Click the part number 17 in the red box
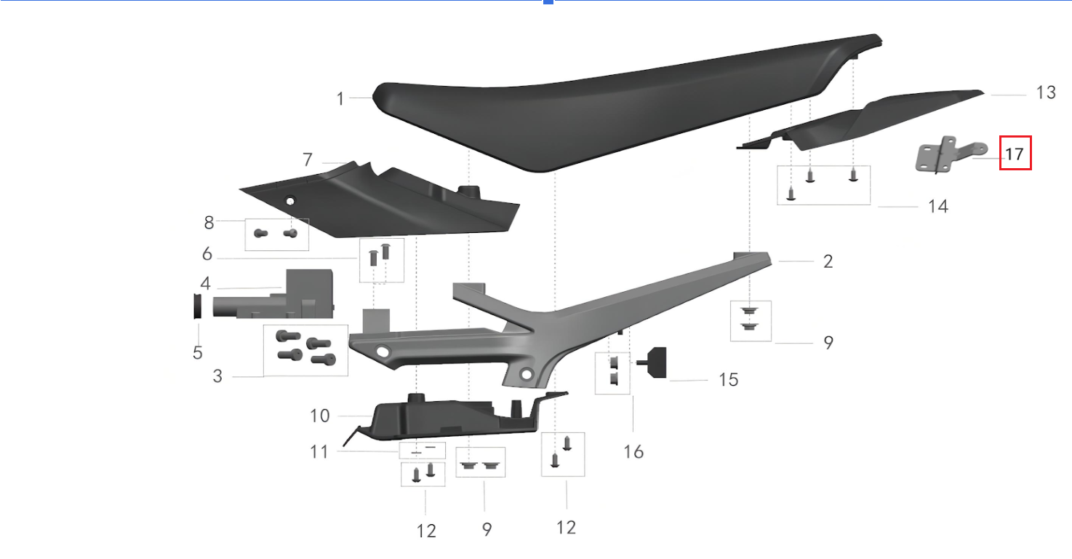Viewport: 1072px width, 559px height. click(x=1015, y=154)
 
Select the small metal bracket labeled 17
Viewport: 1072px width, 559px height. click(x=945, y=155)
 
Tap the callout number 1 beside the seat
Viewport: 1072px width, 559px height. click(x=340, y=98)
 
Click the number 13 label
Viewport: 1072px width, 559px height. click(x=1045, y=92)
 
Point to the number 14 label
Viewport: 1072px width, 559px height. click(x=938, y=207)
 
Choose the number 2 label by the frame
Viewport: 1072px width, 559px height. click(x=828, y=261)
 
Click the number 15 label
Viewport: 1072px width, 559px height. click(x=728, y=379)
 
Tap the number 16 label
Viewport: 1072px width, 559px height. click(x=633, y=452)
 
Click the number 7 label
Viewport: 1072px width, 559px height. click(x=307, y=159)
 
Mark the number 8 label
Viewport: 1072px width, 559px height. click(x=209, y=223)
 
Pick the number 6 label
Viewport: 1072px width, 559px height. click(x=207, y=254)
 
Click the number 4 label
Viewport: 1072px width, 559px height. click(x=206, y=283)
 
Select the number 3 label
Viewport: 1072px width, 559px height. click(x=217, y=376)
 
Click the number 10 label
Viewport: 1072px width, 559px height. click(x=320, y=416)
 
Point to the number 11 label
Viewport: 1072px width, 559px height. click(x=319, y=452)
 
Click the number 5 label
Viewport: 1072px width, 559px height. click(x=198, y=353)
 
